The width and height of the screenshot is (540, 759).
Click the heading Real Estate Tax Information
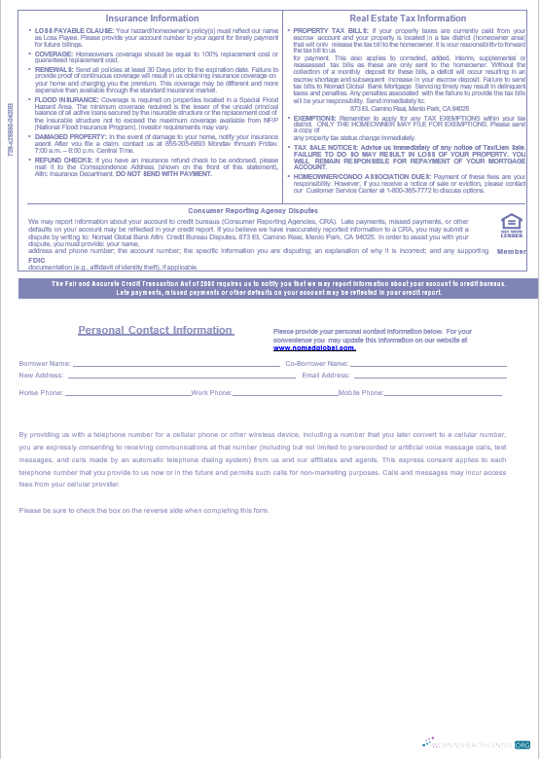click(408, 18)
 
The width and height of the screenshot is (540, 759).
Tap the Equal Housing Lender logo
click(512, 226)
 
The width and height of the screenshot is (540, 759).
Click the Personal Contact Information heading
click(156, 330)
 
